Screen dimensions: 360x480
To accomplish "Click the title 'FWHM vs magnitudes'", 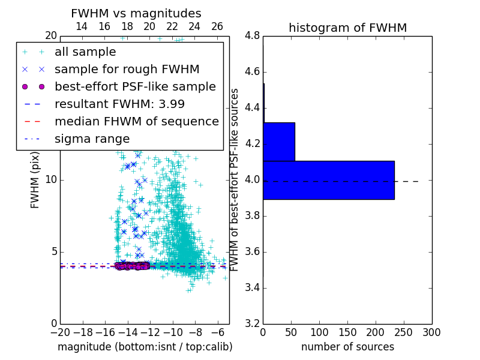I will [x=136, y=13].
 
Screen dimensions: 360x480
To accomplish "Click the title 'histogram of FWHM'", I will [x=347, y=28].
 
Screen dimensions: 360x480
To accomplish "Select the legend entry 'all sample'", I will [x=85, y=52].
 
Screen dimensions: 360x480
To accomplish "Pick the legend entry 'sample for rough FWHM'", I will [x=127, y=69].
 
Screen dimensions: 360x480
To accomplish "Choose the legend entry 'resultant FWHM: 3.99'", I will [x=119, y=104].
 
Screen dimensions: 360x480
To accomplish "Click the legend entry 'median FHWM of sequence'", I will [x=136, y=121].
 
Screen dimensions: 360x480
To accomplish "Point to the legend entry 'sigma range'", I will [x=92, y=139].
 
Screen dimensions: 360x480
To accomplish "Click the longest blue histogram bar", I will [x=328, y=180].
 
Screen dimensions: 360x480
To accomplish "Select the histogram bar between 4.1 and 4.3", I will [x=279, y=142].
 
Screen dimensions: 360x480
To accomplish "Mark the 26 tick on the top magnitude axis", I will [x=217, y=26].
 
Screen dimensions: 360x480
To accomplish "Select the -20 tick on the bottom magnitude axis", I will [x=60, y=332].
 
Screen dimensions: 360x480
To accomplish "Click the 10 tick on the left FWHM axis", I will [x=52, y=179].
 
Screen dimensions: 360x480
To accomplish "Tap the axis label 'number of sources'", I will [x=347, y=347].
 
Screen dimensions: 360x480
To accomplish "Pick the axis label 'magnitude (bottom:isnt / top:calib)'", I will [x=145, y=347].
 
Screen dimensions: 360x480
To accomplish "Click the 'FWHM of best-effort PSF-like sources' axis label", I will [x=235, y=179].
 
